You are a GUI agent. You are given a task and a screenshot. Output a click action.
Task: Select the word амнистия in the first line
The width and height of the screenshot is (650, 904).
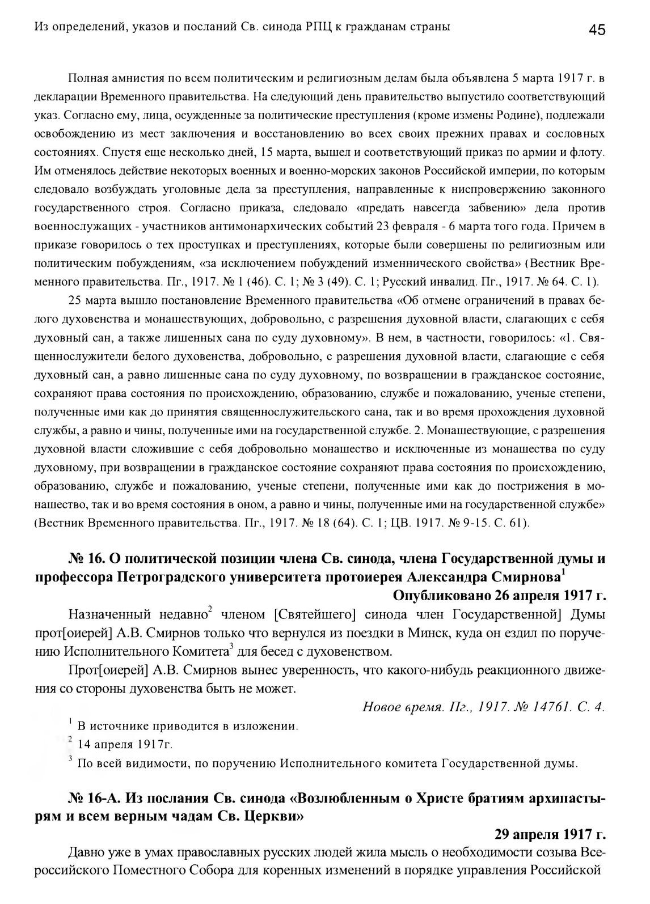pyautogui.click(x=134, y=77)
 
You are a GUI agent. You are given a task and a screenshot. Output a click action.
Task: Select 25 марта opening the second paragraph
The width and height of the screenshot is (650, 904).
pyautogui.click(x=87, y=300)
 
